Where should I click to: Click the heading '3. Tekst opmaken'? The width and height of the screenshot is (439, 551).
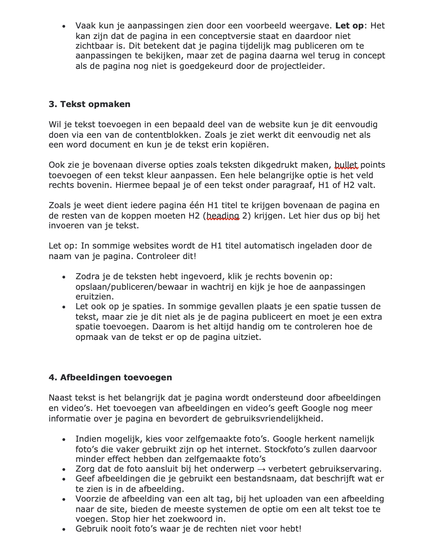(89, 104)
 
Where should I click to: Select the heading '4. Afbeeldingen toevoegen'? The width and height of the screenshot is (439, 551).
(110, 377)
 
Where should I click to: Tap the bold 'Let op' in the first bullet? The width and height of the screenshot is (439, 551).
(349, 26)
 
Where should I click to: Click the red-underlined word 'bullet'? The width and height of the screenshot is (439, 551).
(346, 165)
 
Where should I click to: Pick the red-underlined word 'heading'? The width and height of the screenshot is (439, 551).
(223, 216)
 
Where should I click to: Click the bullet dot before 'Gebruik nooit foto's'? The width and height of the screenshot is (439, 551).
(64, 530)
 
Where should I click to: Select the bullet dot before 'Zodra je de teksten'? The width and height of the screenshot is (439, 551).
(64, 277)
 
